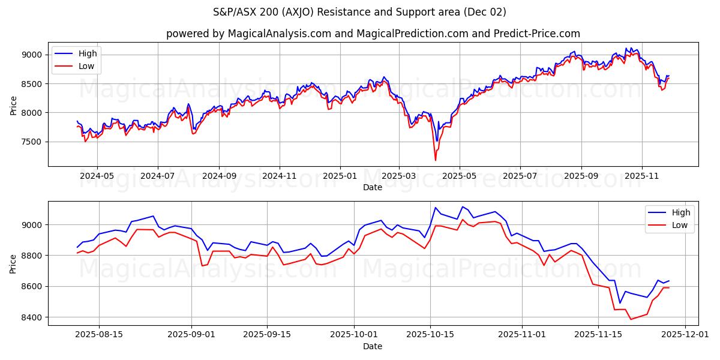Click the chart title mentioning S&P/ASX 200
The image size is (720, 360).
click(359, 12)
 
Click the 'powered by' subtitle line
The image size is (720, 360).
click(373, 34)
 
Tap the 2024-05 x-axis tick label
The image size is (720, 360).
click(97, 176)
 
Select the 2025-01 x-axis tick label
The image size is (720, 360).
click(340, 176)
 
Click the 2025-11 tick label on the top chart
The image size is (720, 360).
click(642, 176)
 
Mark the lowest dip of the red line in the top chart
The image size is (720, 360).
click(435, 160)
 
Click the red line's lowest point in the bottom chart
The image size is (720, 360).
click(631, 319)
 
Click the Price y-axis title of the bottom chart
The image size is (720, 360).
click(13, 263)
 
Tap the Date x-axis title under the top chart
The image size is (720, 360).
click(373, 187)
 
